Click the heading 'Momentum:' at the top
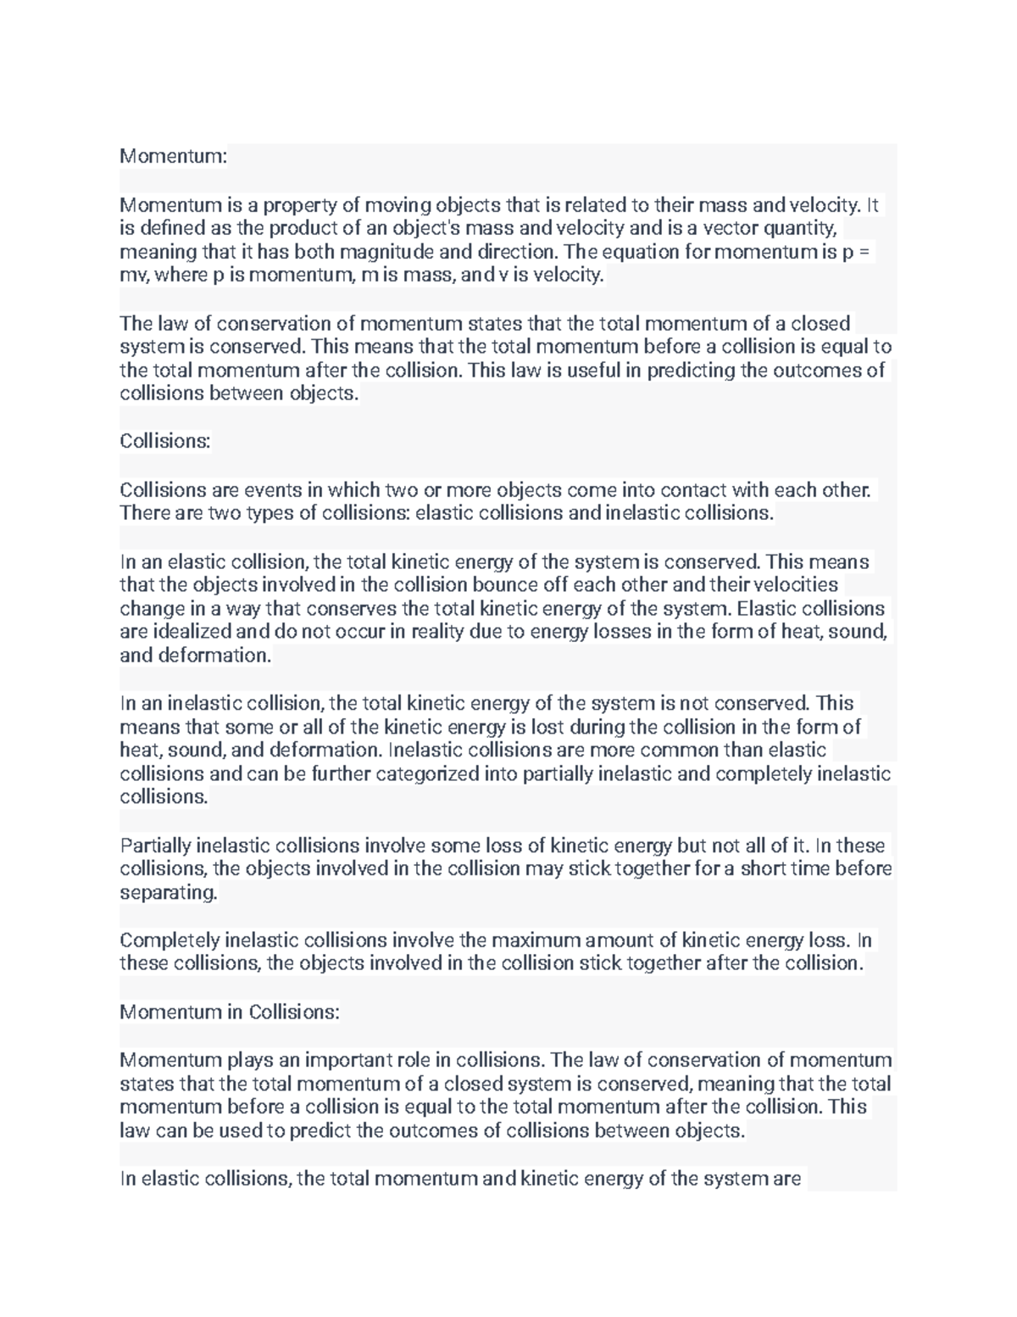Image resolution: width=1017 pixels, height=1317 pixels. click(173, 157)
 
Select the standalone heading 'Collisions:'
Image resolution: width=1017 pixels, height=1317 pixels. click(164, 441)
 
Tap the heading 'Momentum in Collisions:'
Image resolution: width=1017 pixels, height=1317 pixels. click(230, 1013)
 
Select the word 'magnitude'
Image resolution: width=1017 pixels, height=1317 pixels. click(387, 252)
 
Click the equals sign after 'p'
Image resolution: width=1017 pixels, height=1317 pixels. click(864, 252)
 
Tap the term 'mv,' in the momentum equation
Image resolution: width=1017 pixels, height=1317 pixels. click(136, 276)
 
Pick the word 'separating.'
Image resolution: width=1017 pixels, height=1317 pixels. click(169, 893)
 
